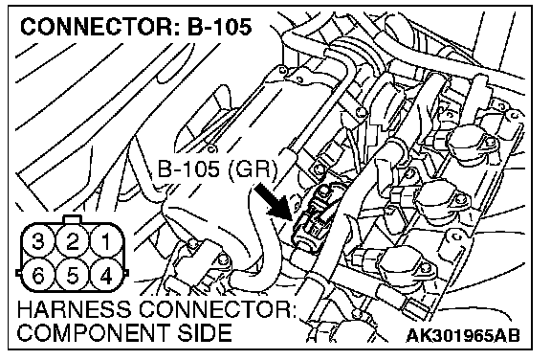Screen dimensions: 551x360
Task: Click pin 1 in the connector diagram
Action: click(x=106, y=242)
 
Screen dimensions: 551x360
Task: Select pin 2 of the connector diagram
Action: click(x=73, y=242)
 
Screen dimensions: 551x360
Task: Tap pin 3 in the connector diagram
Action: click(x=38, y=242)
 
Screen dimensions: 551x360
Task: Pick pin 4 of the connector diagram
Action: click(x=106, y=275)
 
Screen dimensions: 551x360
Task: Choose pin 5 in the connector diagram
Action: click(x=73, y=275)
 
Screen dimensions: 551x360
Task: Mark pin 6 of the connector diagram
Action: click(x=38, y=275)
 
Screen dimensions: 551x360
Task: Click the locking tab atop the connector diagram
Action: click(x=72, y=219)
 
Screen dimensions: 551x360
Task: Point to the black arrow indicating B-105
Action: click(x=273, y=201)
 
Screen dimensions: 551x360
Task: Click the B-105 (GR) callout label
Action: click(x=217, y=169)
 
